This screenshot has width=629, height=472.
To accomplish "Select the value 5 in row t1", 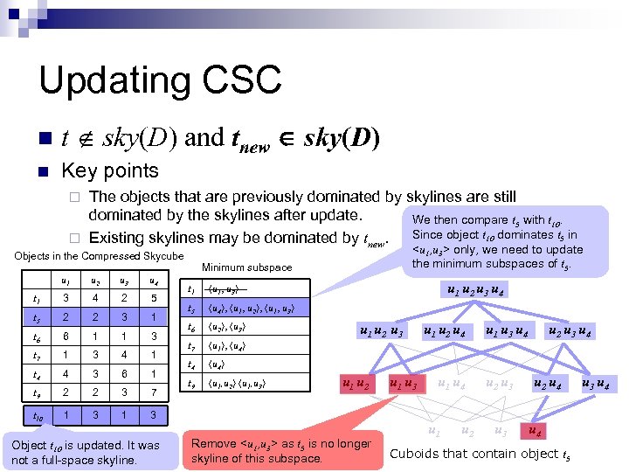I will [153, 298].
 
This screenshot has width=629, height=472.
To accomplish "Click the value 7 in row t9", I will [153, 392].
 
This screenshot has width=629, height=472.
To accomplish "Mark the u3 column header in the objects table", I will [126, 281].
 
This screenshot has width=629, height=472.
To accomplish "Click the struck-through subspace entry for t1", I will [225, 289].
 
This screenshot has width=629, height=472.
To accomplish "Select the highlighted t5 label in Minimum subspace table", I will [190, 309].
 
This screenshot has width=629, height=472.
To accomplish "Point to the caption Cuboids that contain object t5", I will [480, 454].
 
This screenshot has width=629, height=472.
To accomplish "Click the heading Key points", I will [110, 170].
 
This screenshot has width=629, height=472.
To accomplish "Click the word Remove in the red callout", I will [213, 443].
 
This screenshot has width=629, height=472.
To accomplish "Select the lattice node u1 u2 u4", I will [443, 331].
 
